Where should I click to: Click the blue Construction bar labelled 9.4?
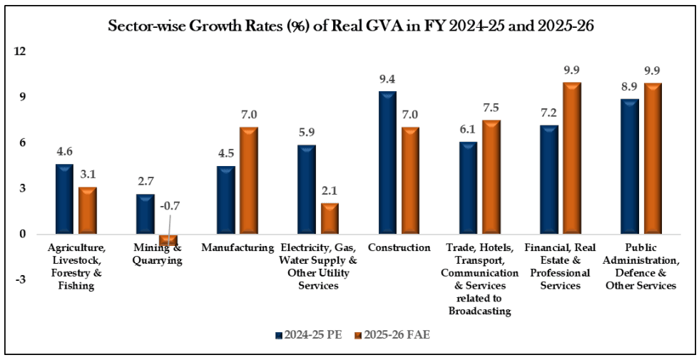[x=387, y=163]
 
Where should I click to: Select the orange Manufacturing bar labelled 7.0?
[x=248, y=180]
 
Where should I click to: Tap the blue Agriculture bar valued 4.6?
[x=64, y=199]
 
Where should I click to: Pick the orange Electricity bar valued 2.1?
[x=330, y=218]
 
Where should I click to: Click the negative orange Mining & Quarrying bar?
[x=168, y=240]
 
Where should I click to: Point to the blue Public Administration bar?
[x=629, y=166]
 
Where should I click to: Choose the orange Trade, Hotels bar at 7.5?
[x=491, y=177]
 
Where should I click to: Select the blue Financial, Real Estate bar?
[x=549, y=180]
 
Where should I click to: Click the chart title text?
[x=349, y=27]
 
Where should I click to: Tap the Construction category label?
[x=399, y=248]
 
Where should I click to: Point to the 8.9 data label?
[x=629, y=87]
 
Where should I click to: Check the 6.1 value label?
[x=468, y=130]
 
